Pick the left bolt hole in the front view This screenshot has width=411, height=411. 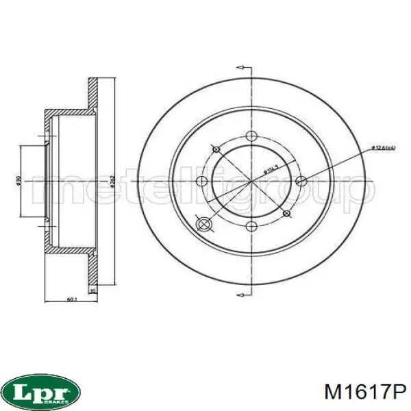pos(203,182)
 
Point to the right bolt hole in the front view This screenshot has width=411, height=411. pos(300,182)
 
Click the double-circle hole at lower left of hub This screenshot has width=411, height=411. pos(203,224)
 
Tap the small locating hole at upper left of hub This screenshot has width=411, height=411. pos(216,149)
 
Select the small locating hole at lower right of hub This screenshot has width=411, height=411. pos(286,214)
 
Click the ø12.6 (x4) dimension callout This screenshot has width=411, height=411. pos(383,147)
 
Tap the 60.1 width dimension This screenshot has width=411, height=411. pos(71,299)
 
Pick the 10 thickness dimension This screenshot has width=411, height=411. pos(93,290)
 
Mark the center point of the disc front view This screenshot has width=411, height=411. pos(251,182)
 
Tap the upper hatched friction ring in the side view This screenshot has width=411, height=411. pos(93,92)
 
